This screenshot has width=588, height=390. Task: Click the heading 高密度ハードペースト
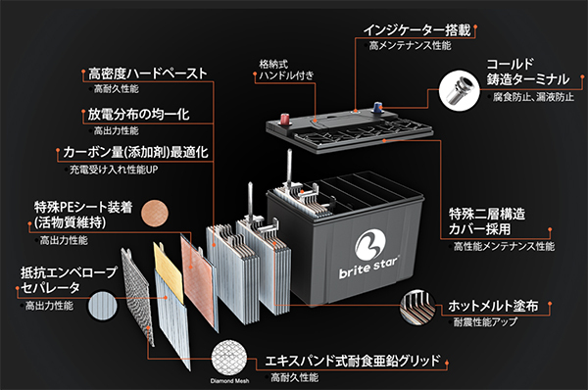[x=147, y=73]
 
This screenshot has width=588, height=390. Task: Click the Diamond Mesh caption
[x=226, y=383]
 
